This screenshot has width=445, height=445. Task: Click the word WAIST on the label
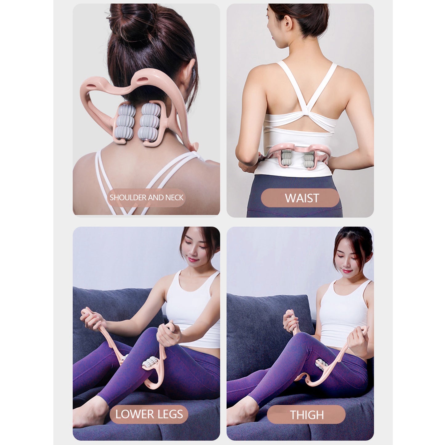[x=302, y=198]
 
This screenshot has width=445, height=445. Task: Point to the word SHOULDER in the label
[x=128, y=197]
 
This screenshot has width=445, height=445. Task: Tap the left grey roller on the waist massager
[x=287, y=158]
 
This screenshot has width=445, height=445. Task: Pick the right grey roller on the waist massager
[x=309, y=159]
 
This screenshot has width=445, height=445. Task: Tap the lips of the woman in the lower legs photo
[x=192, y=260]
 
